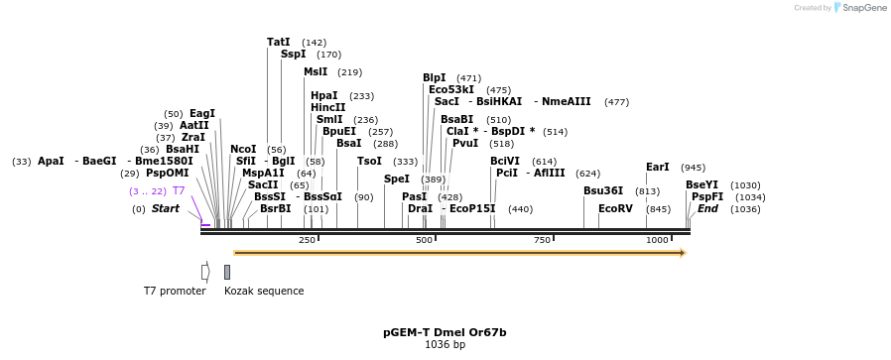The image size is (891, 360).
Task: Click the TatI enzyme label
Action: pyautogui.click(x=278, y=43)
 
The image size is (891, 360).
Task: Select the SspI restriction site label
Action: pyautogui.click(x=293, y=55)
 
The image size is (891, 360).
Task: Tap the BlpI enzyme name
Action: pyautogui.click(x=434, y=77)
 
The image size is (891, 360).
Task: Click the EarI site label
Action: pyautogui.click(x=657, y=168)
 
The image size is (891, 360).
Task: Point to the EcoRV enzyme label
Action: pyautogui.click(x=614, y=209)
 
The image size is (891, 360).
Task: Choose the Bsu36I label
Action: pyautogui.click(x=602, y=190)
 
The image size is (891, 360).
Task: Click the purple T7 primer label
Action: pyautogui.click(x=179, y=190)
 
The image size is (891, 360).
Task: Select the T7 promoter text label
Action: pyautogui.click(x=175, y=291)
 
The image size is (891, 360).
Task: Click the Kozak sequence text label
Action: pyautogui.click(x=264, y=291)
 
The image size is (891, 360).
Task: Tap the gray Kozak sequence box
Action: pyautogui.click(x=227, y=272)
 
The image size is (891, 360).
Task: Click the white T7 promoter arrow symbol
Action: pyautogui.click(x=205, y=272)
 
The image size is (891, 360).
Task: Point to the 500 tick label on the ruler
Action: pyautogui.click(x=425, y=240)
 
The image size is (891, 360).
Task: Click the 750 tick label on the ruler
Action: pyautogui.click(x=542, y=240)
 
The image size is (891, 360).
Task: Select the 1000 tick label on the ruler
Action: pyautogui.click(x=657, y=240)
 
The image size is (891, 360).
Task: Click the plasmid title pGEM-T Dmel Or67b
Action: pyautogui.click(x=445, y=332)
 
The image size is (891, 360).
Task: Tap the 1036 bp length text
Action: pyautogui.click(x=445, y=345)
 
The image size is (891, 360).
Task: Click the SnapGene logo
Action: pyautogui.click(x=858, y=8)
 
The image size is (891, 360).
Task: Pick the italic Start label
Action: pyautogui.click(x=165, y=209)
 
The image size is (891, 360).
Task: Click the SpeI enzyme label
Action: pyautogui.click(x=396, y=179)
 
